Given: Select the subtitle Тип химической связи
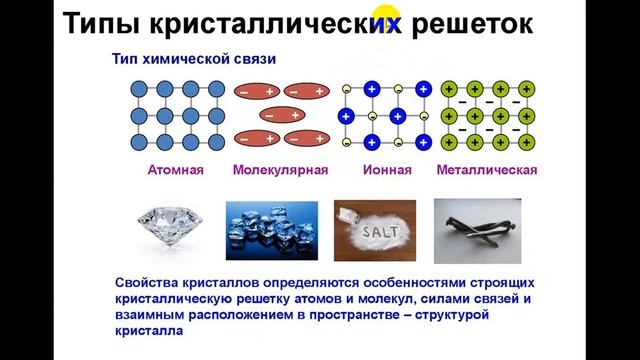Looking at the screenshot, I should click(x=192, y=59).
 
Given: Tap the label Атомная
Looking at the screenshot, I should click(x=176, y=170).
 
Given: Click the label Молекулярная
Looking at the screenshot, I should click(x=280, y=170).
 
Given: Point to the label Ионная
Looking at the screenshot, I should click(x=385, y=170).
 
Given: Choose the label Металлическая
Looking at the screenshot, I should click(x=487, y=170).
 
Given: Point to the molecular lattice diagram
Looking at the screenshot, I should click(x=280, y=114).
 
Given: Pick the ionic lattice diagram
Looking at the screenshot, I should click(x=385, y=114).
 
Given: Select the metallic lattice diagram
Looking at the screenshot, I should click(x=487, y=114).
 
